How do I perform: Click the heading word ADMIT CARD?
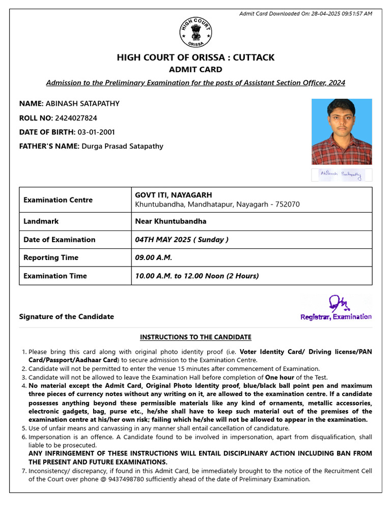coord(195,70)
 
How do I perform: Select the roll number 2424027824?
coord(75,118)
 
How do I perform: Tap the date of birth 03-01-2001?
coord(96,132)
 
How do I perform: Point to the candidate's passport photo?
coord(342,132)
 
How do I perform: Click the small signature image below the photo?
coord(342,175)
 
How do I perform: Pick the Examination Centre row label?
coord(58,200)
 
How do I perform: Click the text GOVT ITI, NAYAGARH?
coord(174,195)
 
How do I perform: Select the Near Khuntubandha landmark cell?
coord(171,221)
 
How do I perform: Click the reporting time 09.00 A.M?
coord(154,258)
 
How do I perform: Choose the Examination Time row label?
coord(55,276)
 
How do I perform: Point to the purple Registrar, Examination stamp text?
coord(336,317)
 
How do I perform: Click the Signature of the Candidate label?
coord(67,316)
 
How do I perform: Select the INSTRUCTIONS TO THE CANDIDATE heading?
coord(195,337)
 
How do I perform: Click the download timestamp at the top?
coord(305,13)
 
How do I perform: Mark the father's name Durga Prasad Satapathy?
coord(123,147)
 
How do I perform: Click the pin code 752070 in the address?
coord(287,205)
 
